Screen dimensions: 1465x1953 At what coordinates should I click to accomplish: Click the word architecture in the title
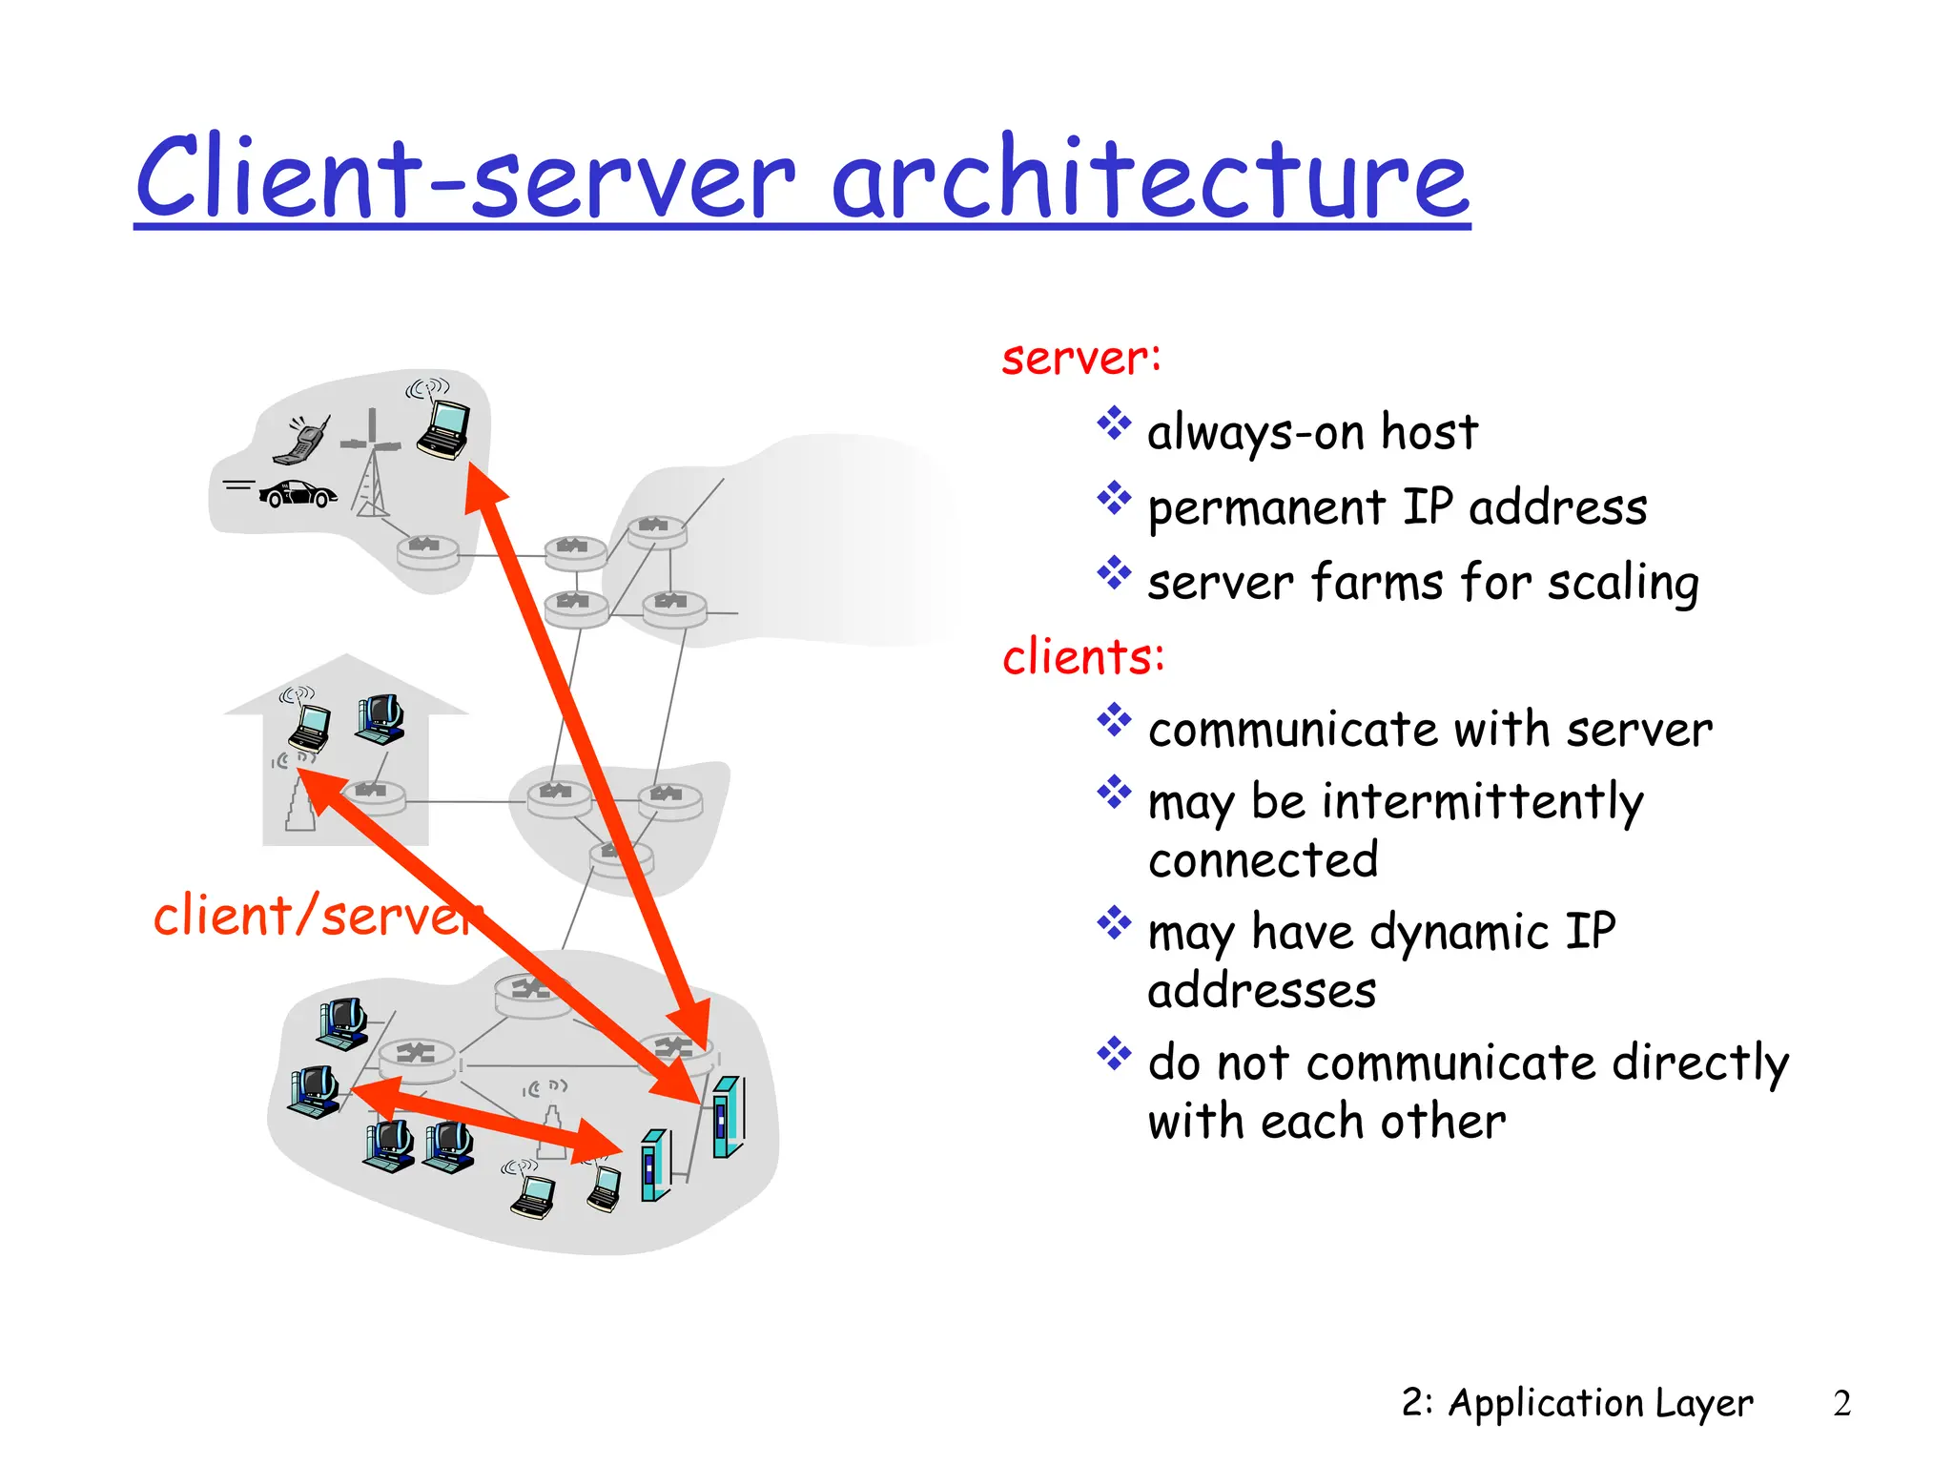[x=1149, y=178]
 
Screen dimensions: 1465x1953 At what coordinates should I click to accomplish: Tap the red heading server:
[x=1081, y=359]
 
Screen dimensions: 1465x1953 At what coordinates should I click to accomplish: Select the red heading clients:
[x=1083, y=657]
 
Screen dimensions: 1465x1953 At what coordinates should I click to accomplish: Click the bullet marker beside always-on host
[x=1113, y=423]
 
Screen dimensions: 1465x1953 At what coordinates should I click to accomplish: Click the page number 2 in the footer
[x=1841, y=1403]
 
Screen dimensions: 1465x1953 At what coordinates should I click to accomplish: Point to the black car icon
[x=298, y=493]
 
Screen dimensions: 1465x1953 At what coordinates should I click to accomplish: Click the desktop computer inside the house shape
[x=381, y=718]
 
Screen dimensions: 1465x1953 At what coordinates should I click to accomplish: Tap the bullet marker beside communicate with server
[x=1113, y=720]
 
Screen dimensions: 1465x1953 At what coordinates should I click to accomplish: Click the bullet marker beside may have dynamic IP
[x=1113, y=922]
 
